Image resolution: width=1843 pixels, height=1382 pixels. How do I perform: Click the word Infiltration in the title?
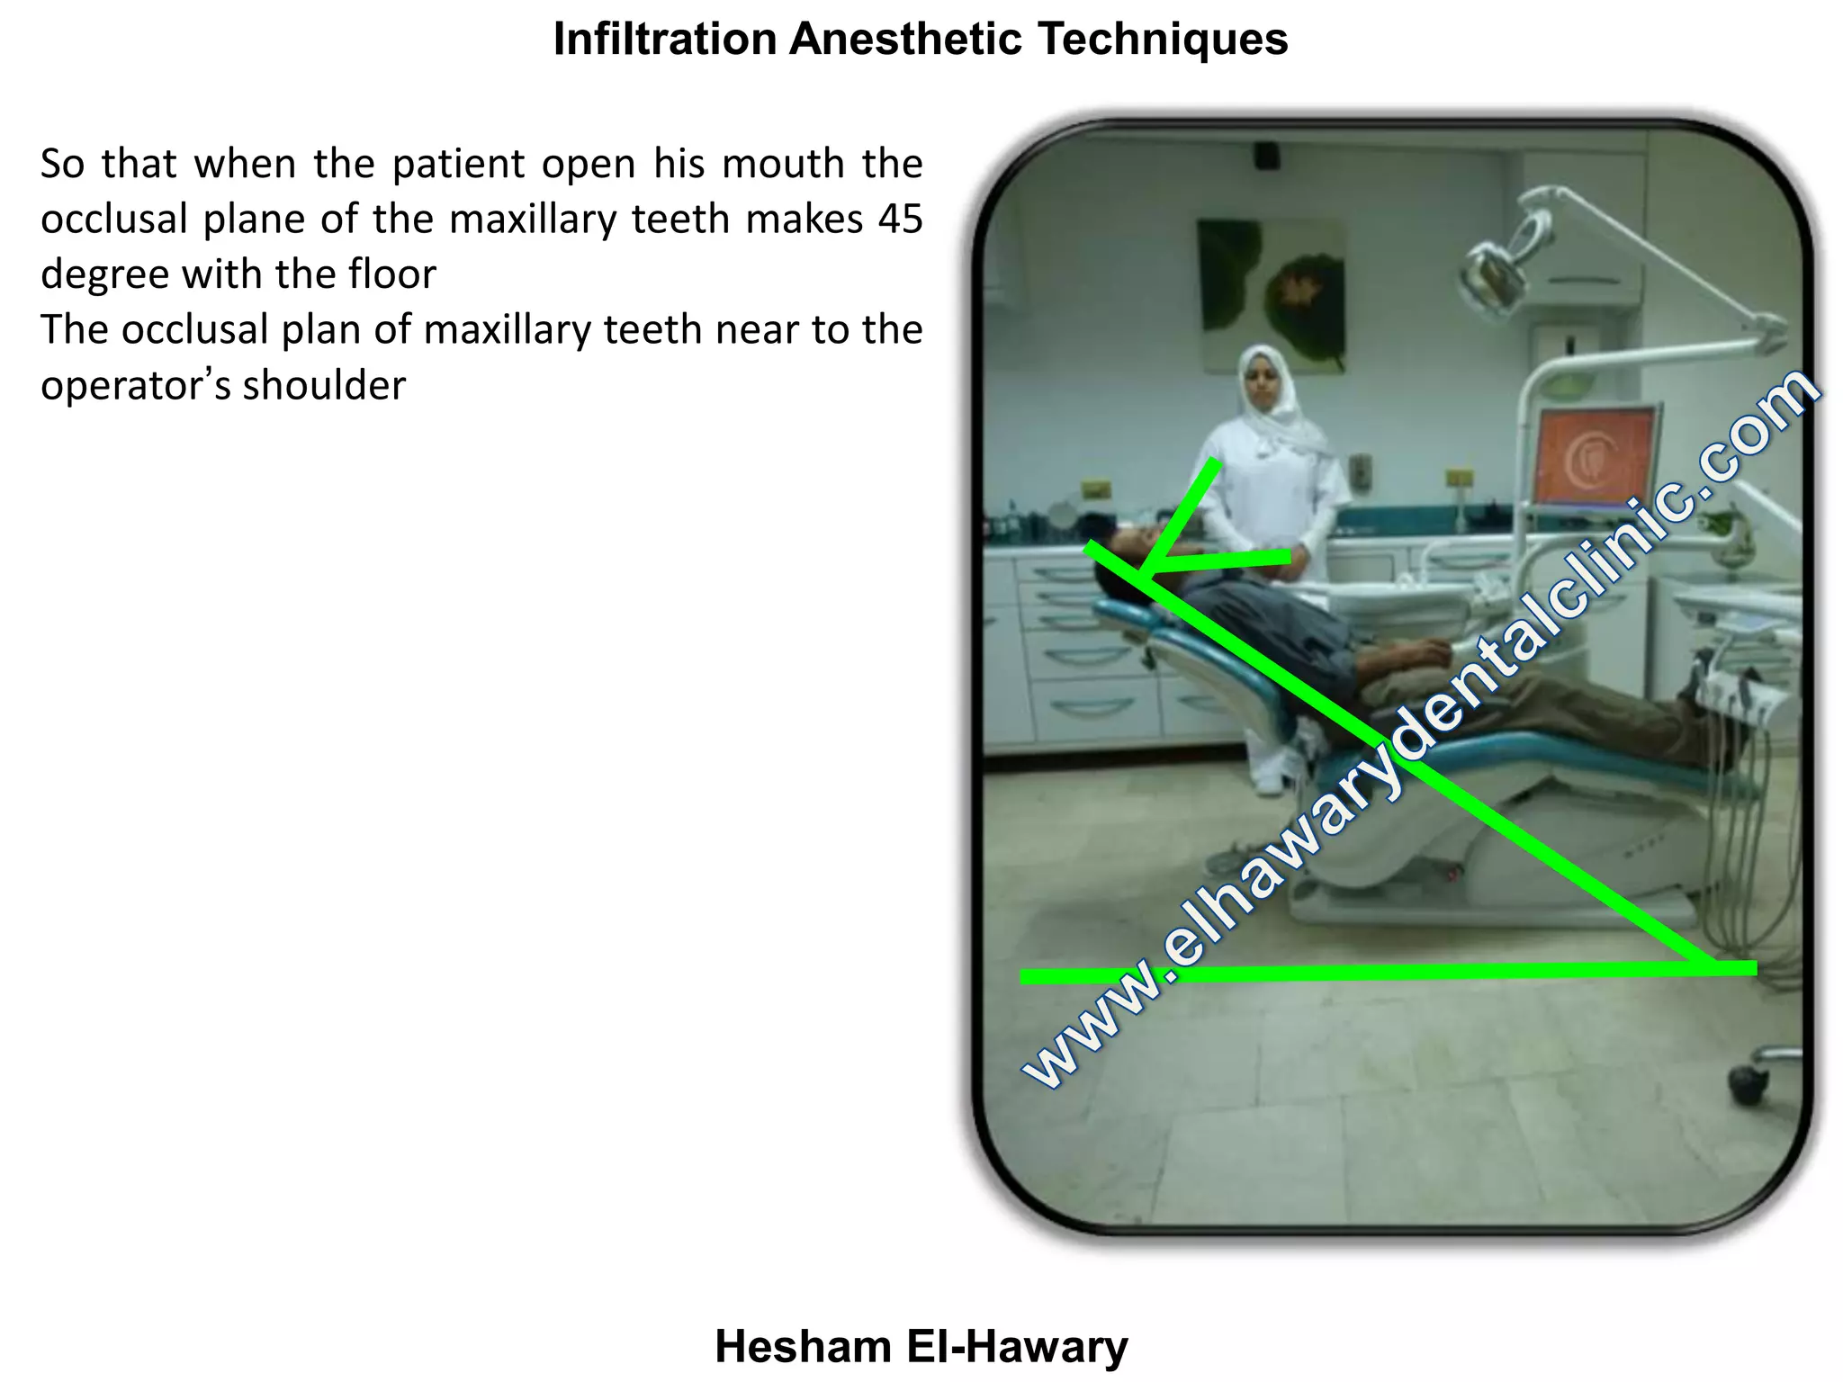point(664,40)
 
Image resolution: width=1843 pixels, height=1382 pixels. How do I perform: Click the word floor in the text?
point(392,274)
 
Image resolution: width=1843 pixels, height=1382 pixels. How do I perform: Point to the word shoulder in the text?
point(324,386)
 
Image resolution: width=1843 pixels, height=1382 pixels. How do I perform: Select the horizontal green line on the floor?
point(1440,972)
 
